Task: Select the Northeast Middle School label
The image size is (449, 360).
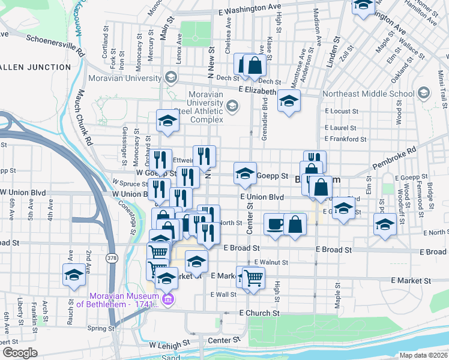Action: point(368,94)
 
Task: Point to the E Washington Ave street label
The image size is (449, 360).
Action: point(250,10)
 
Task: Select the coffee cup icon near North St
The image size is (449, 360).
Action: point(275,224)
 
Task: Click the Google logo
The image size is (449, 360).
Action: point(20,353)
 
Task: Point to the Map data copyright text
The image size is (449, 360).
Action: point(423,355)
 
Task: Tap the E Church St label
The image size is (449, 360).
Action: point(259,313)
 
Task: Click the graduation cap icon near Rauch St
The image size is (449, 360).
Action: point(74,275)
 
